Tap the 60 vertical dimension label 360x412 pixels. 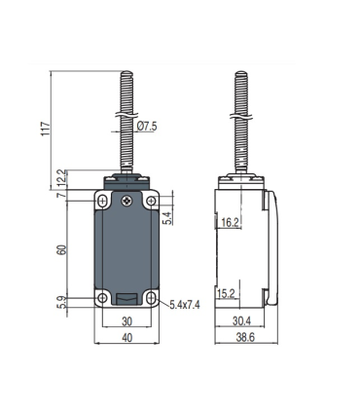(x=62, y=249)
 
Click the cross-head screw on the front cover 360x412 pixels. (x=126, y=201)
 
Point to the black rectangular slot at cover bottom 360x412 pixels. (x=126, y=299)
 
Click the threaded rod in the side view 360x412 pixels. (x=241, y=127)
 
